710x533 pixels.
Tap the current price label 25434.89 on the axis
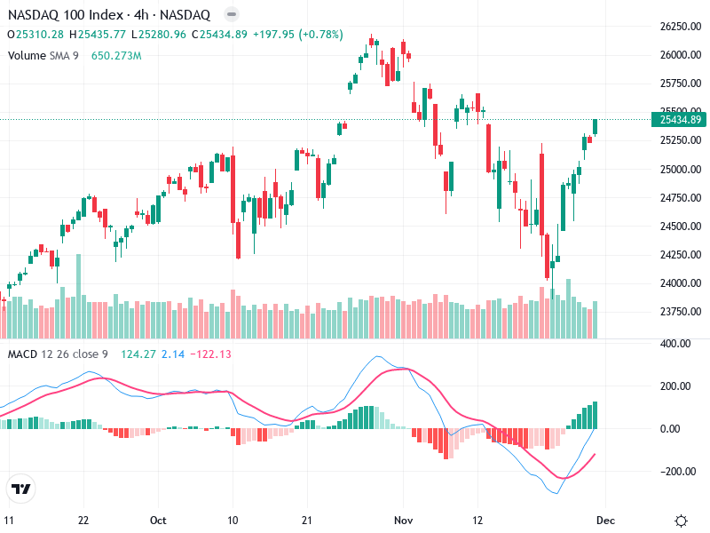pyautogui.click(x=681, y=119)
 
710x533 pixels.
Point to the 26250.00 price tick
pyautogui.click(x=681, y=27)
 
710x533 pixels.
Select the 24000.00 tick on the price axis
pyautogui.click(x=681, y=283)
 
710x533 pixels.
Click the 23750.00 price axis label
pyautogui.click(x=681, y=312)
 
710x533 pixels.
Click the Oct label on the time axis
pyautogui.click(x=159, y=521)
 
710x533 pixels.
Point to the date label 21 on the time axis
pyautogui.click(x=305, y=521)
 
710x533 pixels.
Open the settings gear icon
pyautogui.click(x=681, y=521)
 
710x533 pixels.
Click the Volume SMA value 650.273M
pyautogui.click(x=116, y=55)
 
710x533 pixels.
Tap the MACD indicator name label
pyautogui.click(x=23, y=354)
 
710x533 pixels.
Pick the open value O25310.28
pyautogui.click(x=35, y=34)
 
